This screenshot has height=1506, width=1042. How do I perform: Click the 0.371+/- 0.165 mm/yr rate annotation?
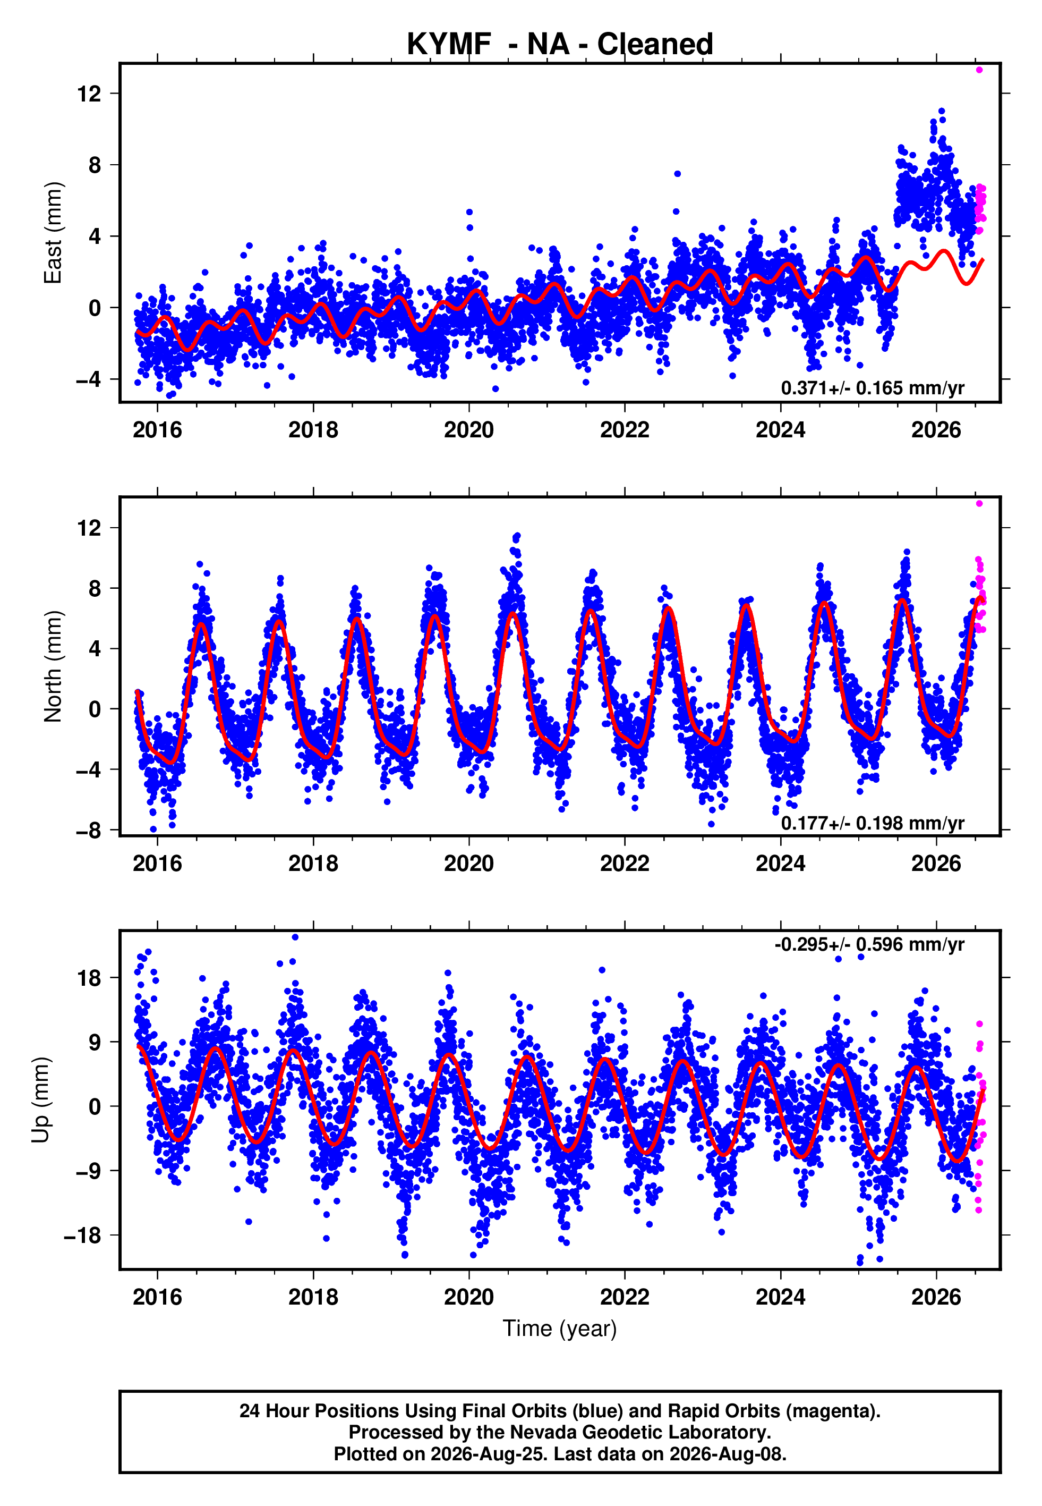[x=872, y=388]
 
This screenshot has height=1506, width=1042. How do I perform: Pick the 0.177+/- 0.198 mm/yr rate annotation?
[x=872, y=823]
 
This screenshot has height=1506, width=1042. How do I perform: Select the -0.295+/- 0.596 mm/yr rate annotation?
[x=869, y=944]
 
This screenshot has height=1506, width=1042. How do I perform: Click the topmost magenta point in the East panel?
[x=979, y=70]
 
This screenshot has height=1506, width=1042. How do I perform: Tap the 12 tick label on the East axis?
[x=89, y=94]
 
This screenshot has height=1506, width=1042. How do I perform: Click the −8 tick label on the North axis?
[x=89, y=830]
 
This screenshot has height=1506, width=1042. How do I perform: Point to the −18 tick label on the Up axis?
[x=82, y=1236]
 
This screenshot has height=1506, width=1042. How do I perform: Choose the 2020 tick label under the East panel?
[x=469, y=430]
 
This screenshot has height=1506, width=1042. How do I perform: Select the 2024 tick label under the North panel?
[x=780, y=864]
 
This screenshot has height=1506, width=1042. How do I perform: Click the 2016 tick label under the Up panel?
[x=157, y=1297]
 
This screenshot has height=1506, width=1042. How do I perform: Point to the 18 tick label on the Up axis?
[x=89, y=978]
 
